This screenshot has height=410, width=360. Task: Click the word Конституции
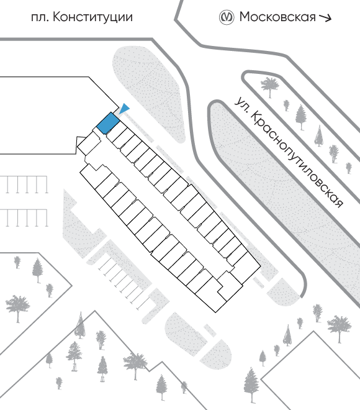(x=92, y=17)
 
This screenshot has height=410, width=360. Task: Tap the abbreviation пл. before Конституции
(x=40, y=18)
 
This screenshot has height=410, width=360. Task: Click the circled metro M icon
(x=226, y=17)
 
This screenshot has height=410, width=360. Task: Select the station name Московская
(x=277, y=17)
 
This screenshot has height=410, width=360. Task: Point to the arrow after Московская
(x=325, y=17)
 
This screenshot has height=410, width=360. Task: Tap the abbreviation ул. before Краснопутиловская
(x=241, y=104)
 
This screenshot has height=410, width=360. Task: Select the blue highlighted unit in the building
(x=108, y=123)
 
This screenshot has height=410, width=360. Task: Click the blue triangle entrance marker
(x=124, y=109)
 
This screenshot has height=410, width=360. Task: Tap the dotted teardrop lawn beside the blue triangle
(x=150, y=94)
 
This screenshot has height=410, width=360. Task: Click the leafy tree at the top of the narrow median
(x=270, y=86)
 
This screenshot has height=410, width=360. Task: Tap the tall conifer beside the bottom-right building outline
(x=251, y=385)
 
